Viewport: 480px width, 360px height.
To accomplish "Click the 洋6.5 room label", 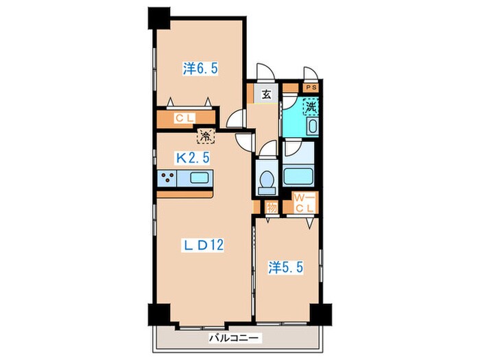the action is click(x=200, y=69).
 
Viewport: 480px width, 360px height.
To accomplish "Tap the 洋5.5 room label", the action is click(x=286, y=267).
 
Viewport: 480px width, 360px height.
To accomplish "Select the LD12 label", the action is click(x=203, y=245).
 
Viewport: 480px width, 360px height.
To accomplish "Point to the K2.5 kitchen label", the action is click(x=193, y=158).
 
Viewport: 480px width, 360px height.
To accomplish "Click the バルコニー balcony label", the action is click(x=234, y=338).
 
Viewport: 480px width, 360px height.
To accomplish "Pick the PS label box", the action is click(x=311, y=88).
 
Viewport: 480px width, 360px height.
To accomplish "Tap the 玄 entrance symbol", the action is click(x=266, y=95).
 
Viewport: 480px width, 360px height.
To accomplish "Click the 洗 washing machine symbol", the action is click(x=311, y=107).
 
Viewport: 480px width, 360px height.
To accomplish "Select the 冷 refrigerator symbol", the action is click(x=206, y=136).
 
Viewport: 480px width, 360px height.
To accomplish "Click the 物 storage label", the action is click(x=272, y=208).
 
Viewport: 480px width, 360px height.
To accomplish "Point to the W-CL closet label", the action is click(x=304, y=203).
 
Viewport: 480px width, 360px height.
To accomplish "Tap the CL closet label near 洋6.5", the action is click(x=184, y=118).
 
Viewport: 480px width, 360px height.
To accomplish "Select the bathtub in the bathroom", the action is click(x=298, y=176).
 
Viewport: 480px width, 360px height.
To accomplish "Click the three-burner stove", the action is click(x=167, y=178).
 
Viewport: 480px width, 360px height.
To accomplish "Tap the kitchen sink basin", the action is click(x=199, y=178).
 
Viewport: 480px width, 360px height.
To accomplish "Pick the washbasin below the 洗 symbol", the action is click(x=312, y=126).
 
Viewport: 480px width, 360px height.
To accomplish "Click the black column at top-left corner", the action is click(x=159, y=19).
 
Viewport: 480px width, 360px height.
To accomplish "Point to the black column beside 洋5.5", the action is click(x=321, y=315).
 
